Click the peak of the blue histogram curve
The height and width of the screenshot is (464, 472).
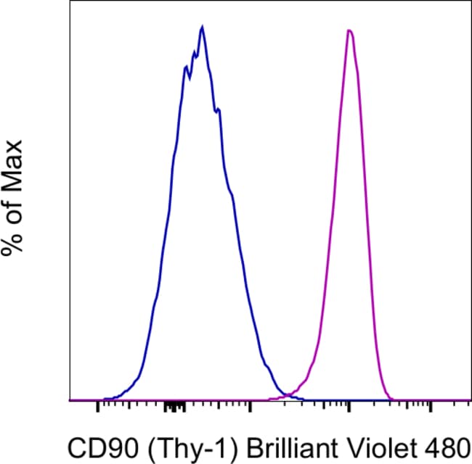(202, 27)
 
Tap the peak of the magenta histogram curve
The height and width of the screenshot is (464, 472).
(350, 30)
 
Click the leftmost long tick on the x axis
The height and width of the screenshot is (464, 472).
(98, 407)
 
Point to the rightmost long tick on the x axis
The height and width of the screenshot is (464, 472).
(431, 407)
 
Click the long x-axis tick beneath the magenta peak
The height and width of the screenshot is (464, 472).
(349, 407)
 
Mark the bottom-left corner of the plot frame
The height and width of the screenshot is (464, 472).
(69, 400)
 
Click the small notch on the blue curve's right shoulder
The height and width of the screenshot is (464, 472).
(218, 110)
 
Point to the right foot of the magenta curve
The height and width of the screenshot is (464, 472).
(392, 397)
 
